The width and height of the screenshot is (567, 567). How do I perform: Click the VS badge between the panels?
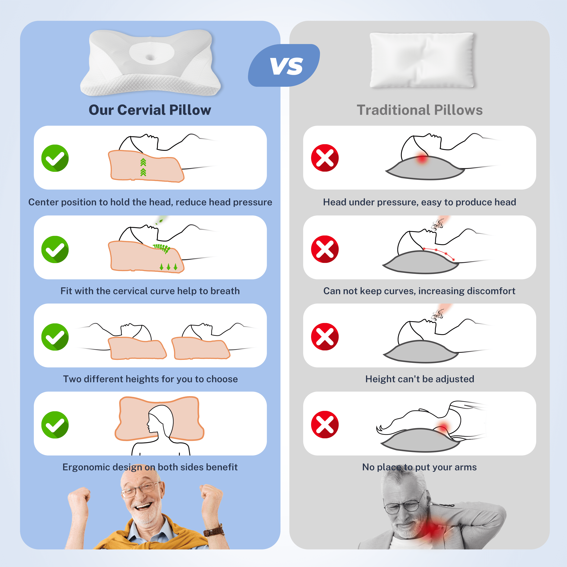coord(284,65)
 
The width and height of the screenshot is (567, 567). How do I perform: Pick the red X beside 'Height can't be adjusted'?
coord(325,337)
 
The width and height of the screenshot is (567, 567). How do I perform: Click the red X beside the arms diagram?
coord(325,425)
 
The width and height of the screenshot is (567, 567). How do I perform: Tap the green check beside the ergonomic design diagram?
coord(55,425)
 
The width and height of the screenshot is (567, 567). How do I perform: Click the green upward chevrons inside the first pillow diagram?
coord(143,167)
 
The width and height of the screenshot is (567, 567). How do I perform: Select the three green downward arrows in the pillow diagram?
coord(168,266)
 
